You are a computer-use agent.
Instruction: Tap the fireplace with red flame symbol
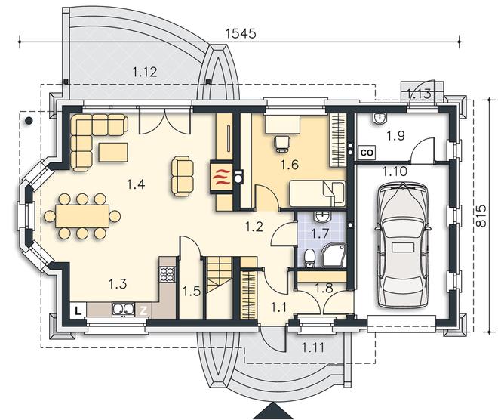coord(221,178)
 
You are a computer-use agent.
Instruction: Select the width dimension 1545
coord(241,33)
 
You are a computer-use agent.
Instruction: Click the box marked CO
coord(367,152)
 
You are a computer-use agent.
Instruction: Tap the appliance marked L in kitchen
coord(78,309)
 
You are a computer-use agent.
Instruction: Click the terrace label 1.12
coord(145,72)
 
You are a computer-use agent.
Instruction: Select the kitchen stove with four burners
coord(167,273)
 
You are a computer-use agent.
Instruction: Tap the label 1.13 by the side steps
coord(419,94)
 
